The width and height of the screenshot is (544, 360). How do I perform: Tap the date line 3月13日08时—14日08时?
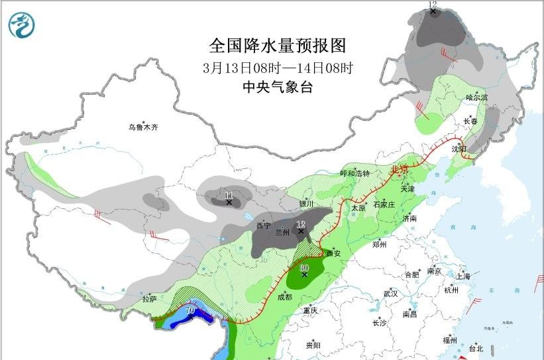278,68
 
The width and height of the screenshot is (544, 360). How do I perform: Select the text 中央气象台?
278,87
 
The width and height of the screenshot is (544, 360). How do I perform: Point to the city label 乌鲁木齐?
144,127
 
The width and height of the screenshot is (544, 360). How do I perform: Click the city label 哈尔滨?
476,97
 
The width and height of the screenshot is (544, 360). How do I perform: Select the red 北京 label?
401,169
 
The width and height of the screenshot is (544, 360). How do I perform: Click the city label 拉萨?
149,299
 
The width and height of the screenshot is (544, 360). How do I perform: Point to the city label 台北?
476,348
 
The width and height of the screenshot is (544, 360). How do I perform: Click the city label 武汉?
390,293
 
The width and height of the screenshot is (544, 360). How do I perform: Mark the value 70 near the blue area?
190,310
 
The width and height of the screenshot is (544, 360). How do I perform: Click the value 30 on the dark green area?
304,269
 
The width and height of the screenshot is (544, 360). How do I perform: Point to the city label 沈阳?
459,149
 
